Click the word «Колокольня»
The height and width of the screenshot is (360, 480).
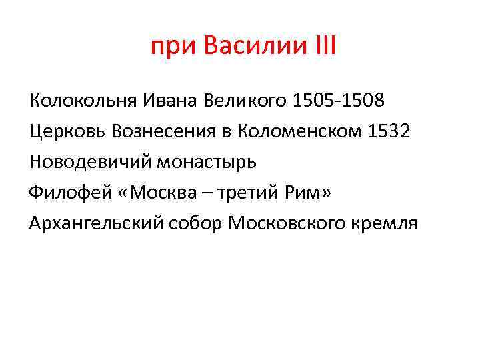[x=82, y=101]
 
